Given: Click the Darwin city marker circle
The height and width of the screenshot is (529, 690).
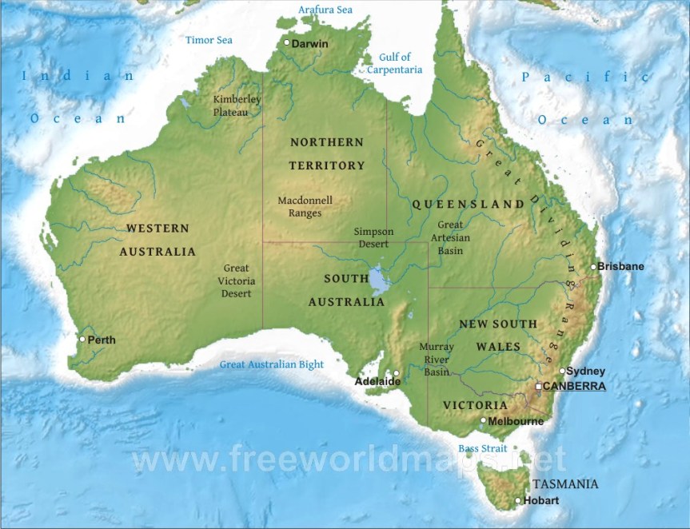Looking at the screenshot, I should pos(287,42).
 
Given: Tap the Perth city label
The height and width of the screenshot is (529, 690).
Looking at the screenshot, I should pos(102,340).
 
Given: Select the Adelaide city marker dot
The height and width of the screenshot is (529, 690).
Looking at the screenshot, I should pos(396,372).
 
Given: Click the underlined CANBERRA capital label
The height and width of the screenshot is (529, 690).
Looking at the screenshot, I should pos(574,386).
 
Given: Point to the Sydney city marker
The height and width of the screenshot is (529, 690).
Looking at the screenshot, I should pos(562,370).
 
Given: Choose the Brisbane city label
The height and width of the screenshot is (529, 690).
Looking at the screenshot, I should pos(621,266).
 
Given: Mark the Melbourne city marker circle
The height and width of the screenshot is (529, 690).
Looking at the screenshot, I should pos(483,420).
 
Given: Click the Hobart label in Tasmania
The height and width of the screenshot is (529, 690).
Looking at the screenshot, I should pos(541,501).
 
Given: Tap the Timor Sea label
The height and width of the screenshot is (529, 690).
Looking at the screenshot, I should pos(209,40).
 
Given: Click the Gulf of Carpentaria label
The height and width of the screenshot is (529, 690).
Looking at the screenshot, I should pos(395,63).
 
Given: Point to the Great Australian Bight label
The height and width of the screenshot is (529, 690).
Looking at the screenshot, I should pos(272,365).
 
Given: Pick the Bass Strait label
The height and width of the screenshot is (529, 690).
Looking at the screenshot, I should pos(480,448).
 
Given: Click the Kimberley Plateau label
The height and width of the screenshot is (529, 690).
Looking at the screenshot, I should pos(237,105).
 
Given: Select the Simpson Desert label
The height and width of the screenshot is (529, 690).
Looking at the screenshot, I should pos(373,237).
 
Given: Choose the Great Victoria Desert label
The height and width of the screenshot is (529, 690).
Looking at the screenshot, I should pos(237,280).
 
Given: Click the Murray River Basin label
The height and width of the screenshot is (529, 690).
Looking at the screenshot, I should pos(437,360).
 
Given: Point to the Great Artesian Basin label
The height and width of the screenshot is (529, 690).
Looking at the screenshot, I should pos(450,237).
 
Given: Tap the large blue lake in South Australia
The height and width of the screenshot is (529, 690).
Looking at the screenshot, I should pos(379,280).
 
